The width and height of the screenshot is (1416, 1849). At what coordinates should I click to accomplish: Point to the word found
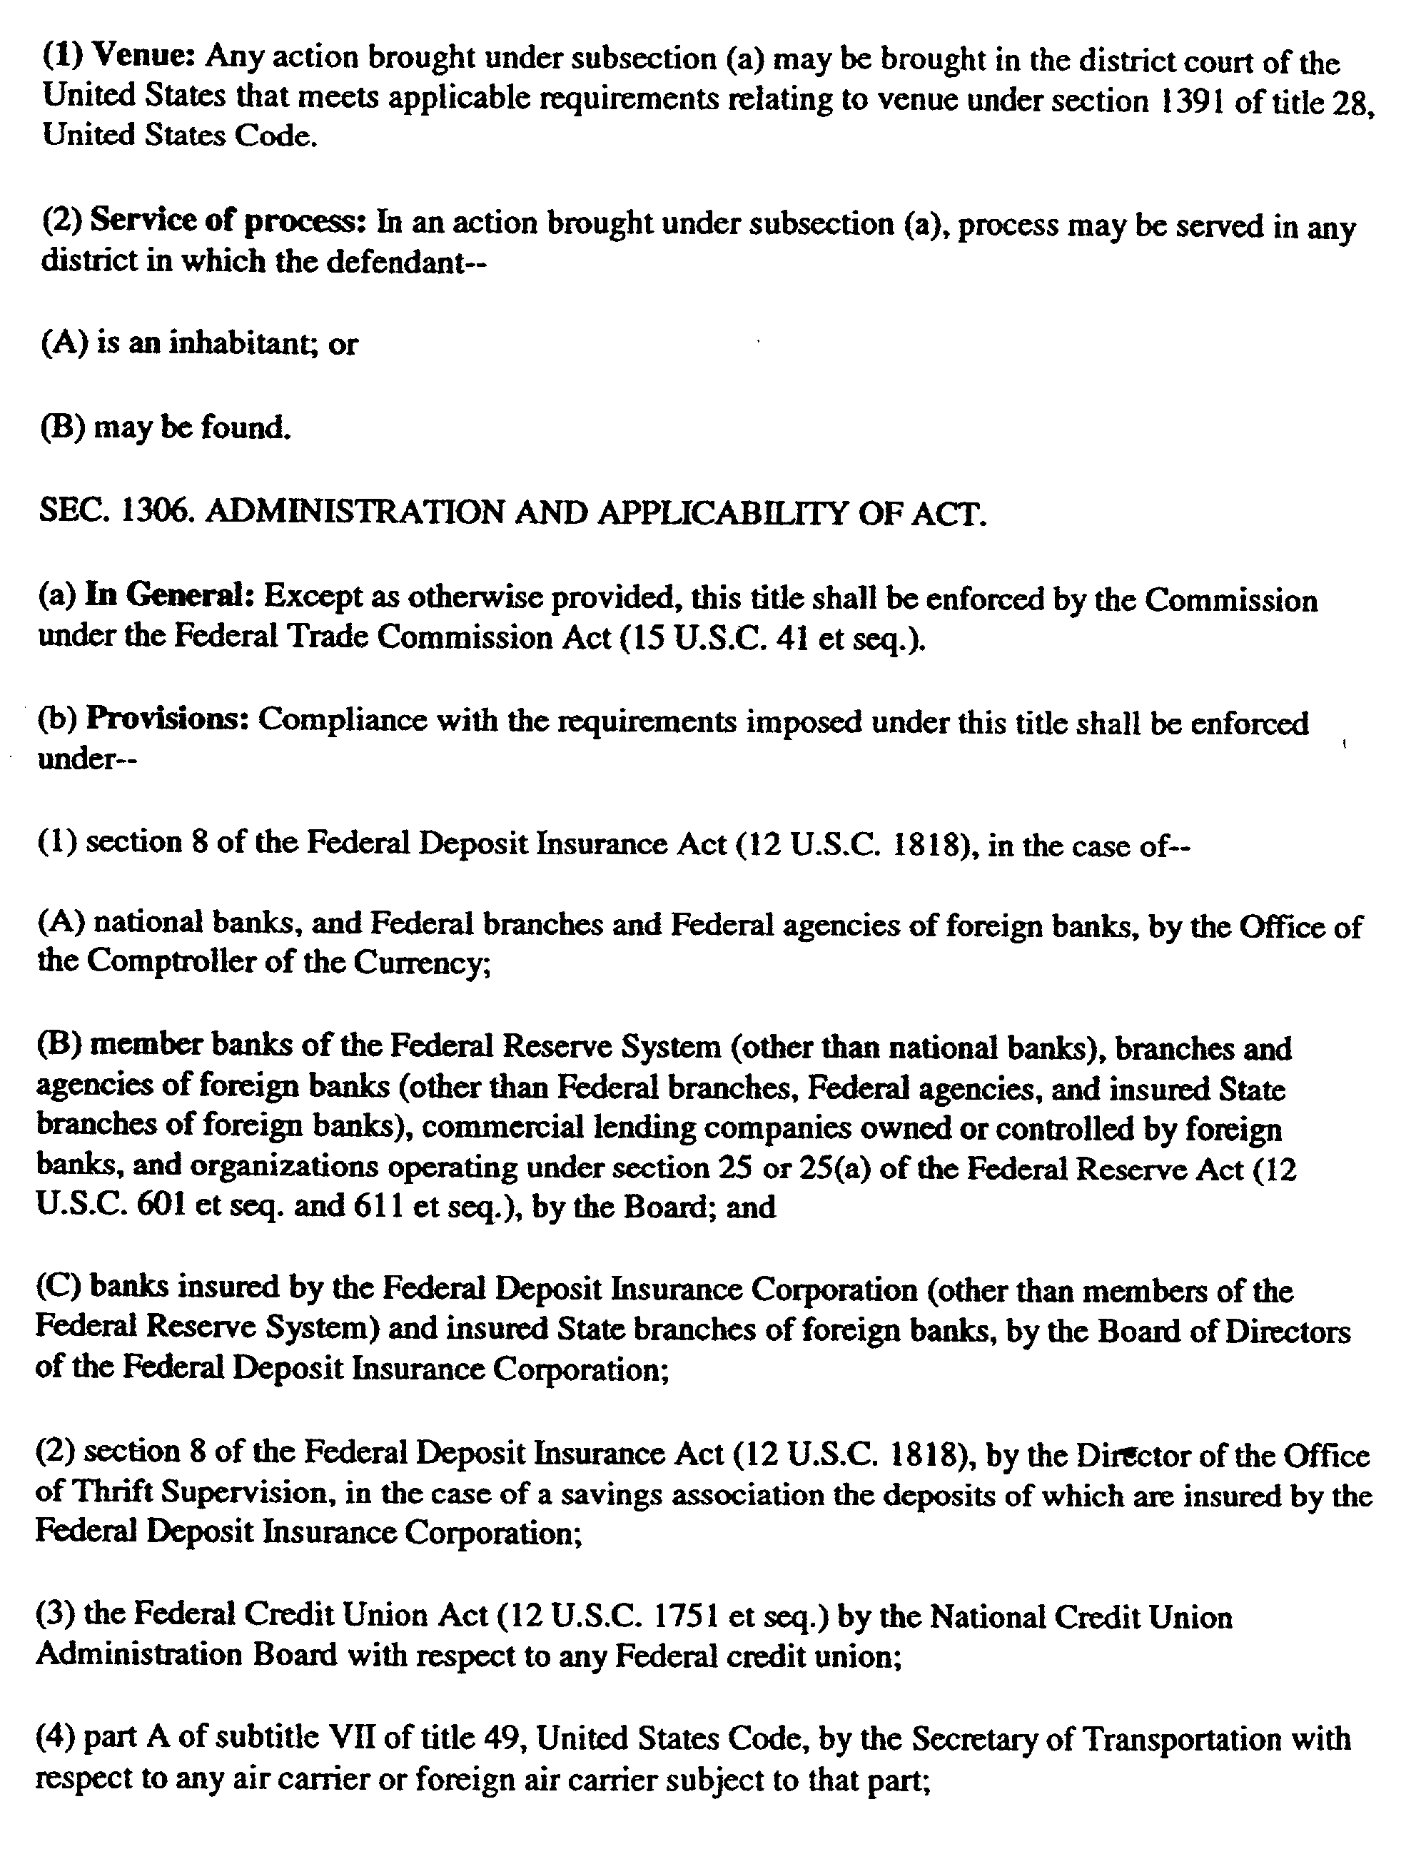tap(246, 428)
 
